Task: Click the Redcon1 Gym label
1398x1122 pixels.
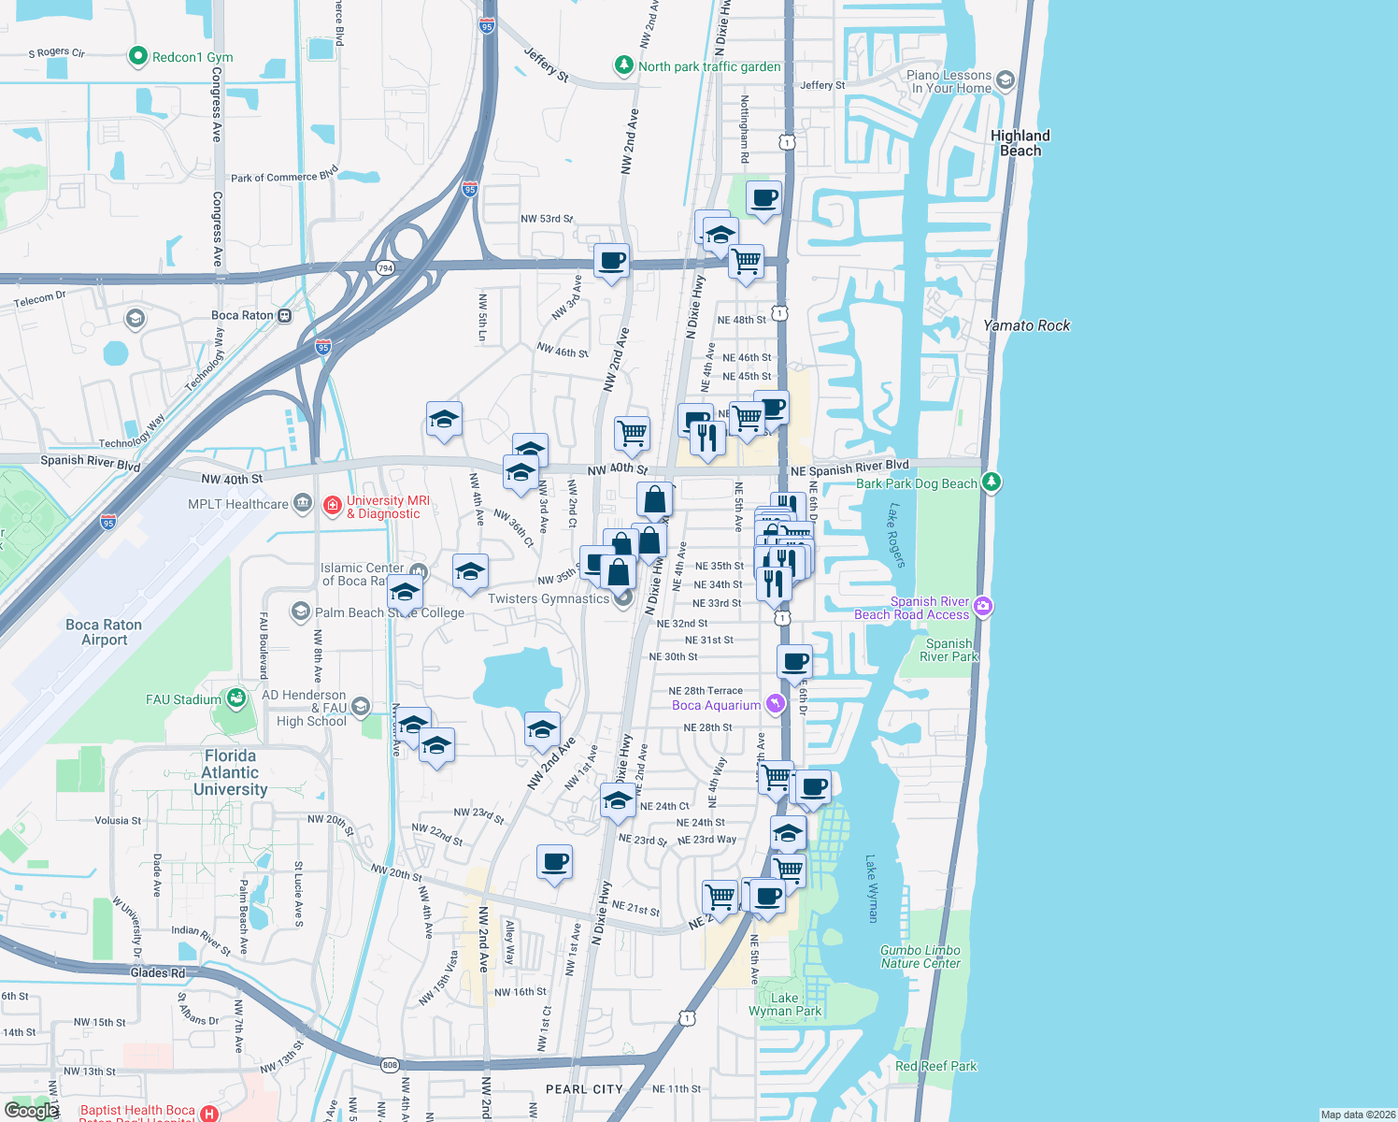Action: click(192, 57)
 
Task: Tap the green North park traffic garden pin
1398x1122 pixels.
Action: click(623, 65)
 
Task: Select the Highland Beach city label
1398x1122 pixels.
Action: click(1020, 143)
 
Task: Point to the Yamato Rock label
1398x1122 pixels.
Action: click(1026, 325)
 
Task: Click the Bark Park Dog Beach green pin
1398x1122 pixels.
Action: click(991, 482)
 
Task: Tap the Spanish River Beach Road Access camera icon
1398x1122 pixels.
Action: click(982, 607)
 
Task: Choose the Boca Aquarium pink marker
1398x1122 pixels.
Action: click(775, 704)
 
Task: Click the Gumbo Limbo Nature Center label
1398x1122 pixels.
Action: click(920, 957)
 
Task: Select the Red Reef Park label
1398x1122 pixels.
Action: click(935, 1066)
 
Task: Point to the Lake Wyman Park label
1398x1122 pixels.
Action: click(785, 1004)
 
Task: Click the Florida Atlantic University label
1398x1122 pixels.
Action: click(230, 772)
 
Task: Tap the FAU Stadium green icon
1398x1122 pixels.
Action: click(236, 698)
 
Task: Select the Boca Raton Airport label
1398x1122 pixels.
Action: click(104, 632)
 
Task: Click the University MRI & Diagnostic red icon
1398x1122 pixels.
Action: click(332, 505)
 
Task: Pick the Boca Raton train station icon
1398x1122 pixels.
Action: click(285, 315)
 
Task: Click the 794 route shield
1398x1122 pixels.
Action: click(385, 268)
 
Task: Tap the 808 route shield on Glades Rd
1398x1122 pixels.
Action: click(390, 1065)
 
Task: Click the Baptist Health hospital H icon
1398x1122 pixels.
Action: click(209, 1114)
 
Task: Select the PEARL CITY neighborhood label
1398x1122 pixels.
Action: click(584, 1089)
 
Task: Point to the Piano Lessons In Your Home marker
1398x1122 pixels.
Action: click(1005, 80)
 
